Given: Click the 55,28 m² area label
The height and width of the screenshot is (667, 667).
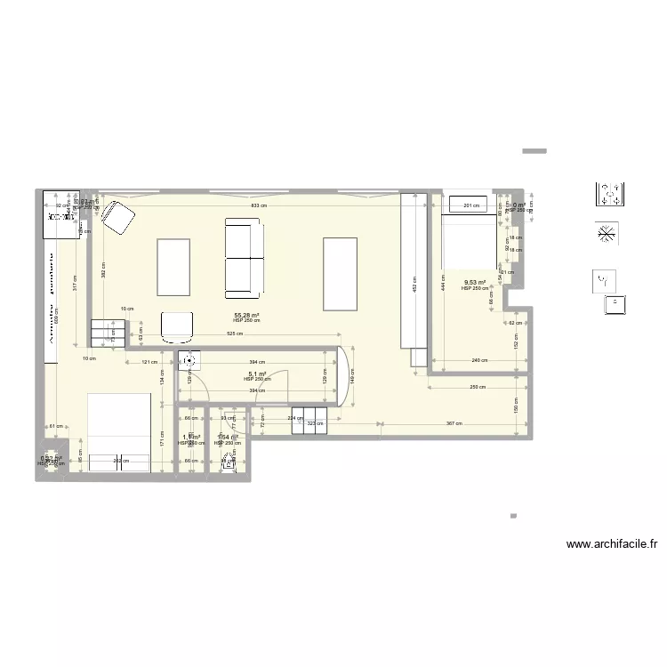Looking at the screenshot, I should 246,315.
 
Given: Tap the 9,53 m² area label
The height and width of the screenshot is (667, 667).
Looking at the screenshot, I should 475,283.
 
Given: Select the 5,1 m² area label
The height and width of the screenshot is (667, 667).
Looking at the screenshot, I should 257,374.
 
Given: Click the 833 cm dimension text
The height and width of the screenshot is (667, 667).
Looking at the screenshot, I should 258,206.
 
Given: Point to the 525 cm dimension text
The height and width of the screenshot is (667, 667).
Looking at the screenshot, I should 234,334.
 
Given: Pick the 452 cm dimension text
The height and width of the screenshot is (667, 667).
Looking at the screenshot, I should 414,286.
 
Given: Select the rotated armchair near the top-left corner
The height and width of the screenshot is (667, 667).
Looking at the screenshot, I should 117,219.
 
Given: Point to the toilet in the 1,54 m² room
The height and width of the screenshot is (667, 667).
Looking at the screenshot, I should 229,460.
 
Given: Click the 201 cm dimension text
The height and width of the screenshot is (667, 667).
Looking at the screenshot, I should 471,206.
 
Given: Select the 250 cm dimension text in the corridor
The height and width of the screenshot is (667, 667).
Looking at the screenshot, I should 477,387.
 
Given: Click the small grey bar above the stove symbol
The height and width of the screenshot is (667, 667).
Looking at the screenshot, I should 534,151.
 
